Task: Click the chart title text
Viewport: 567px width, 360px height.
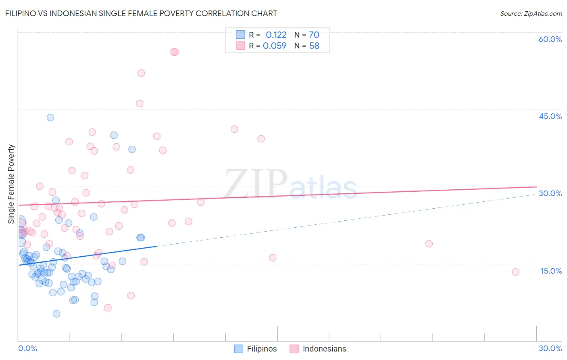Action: point(141,13)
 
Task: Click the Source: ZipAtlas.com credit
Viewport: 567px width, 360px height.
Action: point(531,14)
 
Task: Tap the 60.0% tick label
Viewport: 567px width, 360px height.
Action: point(550,39)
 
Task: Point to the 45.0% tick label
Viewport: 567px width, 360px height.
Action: point(550,116)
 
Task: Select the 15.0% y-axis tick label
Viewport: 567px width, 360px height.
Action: point(551,271)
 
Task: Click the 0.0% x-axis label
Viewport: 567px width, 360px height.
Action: point(27,348)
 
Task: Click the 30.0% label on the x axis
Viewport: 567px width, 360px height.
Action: point(550,348)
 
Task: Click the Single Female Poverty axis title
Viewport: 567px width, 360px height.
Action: point(11,184)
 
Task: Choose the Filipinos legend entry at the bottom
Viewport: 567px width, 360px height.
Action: point(256,349)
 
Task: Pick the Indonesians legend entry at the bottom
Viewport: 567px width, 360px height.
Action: point(318,349)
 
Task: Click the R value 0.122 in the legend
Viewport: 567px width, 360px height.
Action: point(276,35)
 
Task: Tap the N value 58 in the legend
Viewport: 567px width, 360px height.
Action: point(314,46)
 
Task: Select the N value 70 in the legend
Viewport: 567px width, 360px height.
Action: point(314,35)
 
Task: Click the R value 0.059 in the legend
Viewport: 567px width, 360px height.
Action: point(275,46)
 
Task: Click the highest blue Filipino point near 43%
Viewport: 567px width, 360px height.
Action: point(50,117)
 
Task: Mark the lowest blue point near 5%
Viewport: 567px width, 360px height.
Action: point(56,314)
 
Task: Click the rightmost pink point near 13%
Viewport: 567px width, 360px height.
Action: point(515,272)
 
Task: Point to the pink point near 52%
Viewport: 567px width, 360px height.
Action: point(141,73)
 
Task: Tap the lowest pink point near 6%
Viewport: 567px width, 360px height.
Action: point(108,308)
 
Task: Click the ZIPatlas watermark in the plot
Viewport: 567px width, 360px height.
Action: point(290,185)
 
